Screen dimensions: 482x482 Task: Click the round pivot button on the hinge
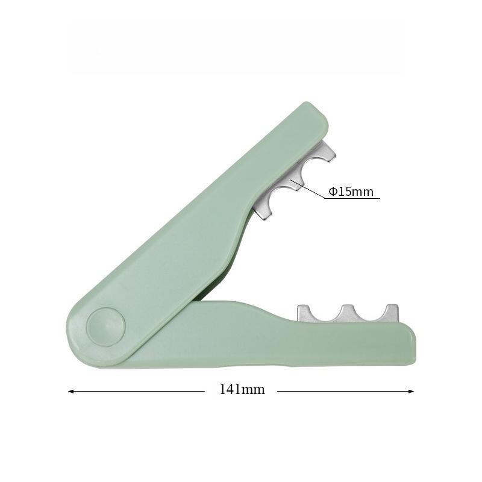tap(105, 327)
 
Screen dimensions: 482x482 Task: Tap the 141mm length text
tap(242, 390)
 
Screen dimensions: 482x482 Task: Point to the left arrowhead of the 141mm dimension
tap(70, 391)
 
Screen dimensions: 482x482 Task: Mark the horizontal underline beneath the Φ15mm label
tap(352, 199)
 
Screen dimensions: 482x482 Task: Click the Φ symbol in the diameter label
tap(332, 192)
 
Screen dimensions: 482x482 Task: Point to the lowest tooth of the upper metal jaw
tap(263, 211)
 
